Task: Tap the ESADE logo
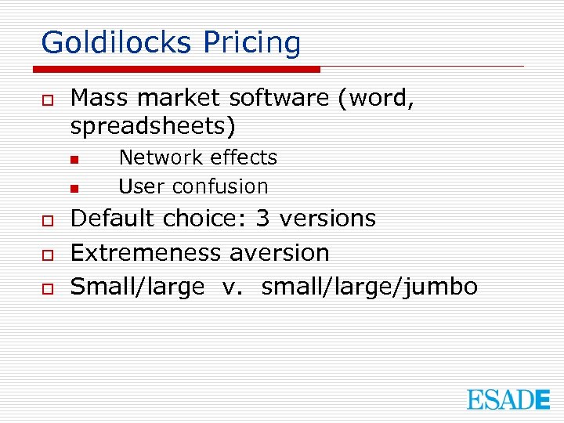click(x=508, y=399)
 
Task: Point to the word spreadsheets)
click(x=153, y=126)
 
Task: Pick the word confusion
click(x=220, y=186)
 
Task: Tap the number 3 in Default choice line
click(x=263, y=219)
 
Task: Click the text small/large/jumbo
click(x=370, y=287)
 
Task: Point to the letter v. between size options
click(x=233, y=287)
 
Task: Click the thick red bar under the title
click(x=180, y=69)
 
